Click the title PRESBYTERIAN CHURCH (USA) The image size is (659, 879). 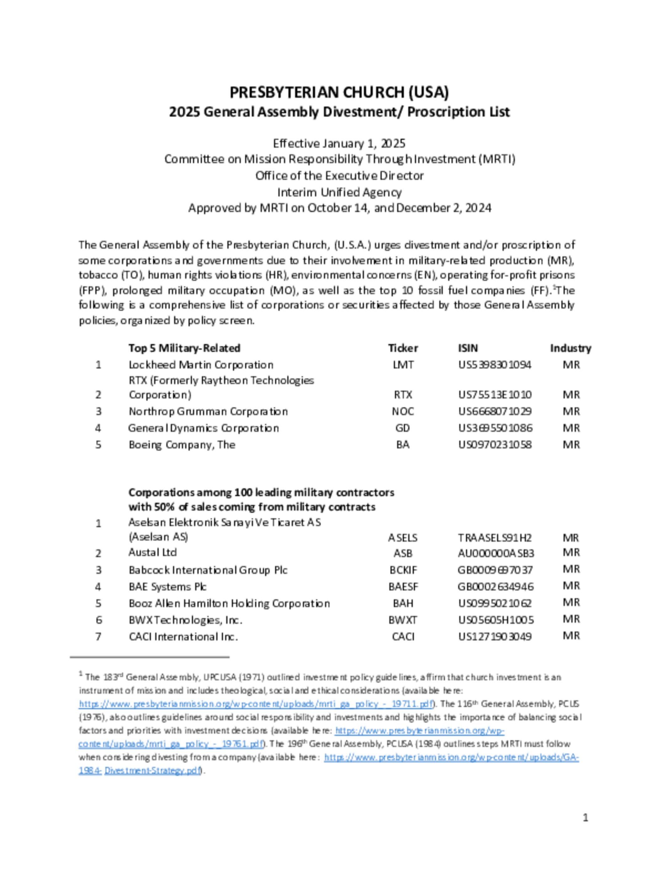(339, 92)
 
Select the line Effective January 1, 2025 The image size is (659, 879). (339, 143)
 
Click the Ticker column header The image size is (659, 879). (403, 348)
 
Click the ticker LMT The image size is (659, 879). (403, 365)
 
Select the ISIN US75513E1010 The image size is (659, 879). (495, 395)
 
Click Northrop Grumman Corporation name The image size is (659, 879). (208, 411)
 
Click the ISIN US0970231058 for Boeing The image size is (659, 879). (495, 445)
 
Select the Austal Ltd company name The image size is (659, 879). (152, 552)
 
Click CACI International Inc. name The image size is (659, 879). (183, 637)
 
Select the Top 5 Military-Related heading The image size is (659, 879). (184, 348)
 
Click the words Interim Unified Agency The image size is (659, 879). (339, 192)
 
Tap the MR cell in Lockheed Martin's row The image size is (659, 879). (571, 365)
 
